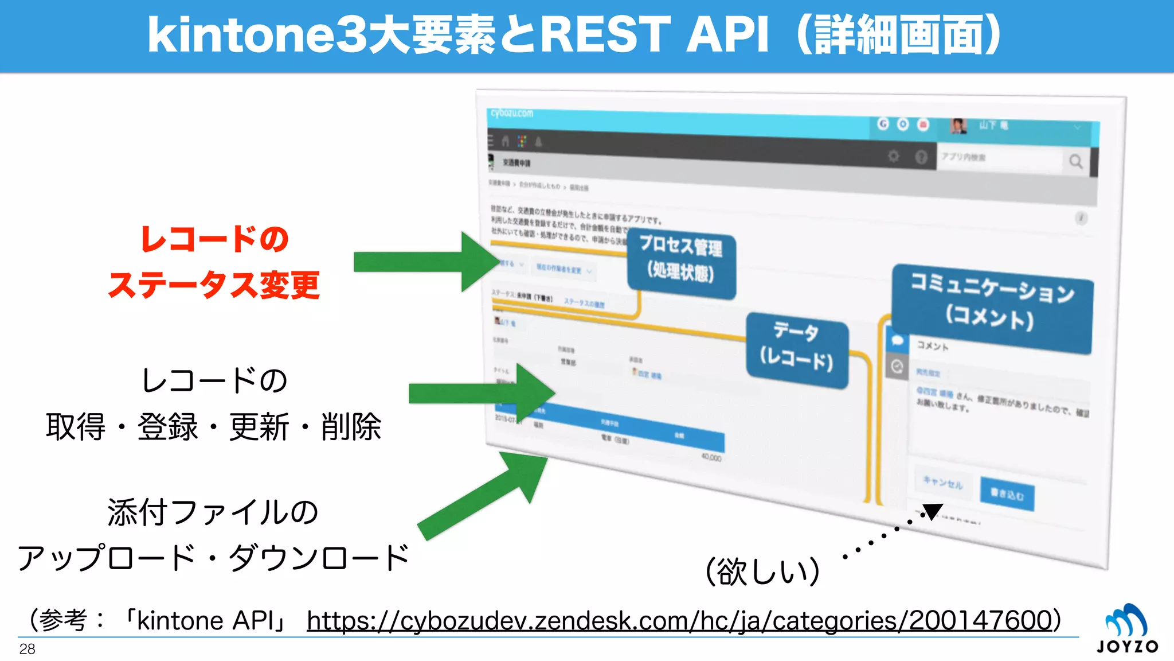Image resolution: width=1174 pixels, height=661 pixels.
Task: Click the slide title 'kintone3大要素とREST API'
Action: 573,36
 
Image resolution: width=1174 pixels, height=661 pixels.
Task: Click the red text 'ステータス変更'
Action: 214,285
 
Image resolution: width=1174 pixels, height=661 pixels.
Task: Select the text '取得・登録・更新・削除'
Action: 214,427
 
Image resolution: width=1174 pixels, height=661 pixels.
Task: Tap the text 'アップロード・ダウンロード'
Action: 214,558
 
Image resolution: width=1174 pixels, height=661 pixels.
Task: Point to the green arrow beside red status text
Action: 424,262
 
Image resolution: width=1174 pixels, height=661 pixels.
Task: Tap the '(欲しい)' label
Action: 762,571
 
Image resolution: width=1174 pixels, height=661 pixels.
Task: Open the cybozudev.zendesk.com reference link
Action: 679,621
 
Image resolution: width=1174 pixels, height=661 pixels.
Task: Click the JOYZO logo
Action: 1127,629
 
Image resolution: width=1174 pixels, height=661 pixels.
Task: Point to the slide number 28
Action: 27,649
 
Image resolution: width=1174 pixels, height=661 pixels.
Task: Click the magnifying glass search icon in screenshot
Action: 1075,161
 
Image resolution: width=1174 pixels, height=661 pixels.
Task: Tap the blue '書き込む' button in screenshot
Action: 1007,493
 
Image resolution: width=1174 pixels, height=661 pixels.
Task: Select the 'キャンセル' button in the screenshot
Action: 943,483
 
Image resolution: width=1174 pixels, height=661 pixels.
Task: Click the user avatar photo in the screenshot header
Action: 958,126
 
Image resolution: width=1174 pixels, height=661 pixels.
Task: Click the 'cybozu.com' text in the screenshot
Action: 512,113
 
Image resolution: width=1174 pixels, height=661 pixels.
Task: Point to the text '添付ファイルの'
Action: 213,512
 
